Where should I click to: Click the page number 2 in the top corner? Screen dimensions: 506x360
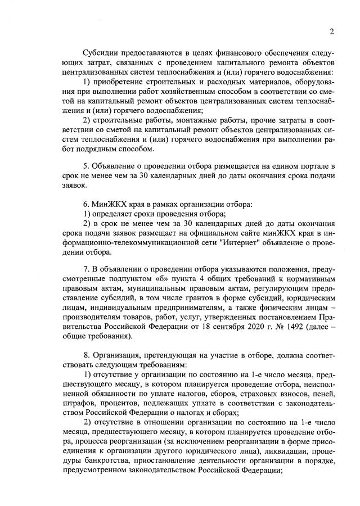click(332, 31)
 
